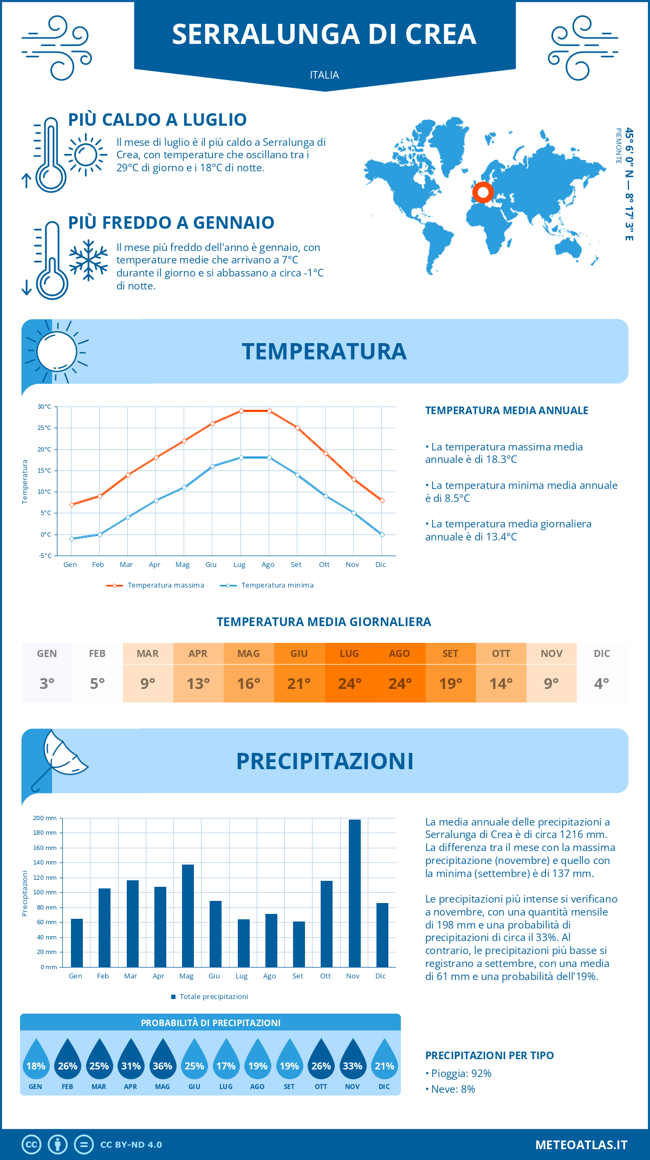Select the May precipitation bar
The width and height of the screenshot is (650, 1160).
(x=188, y=916)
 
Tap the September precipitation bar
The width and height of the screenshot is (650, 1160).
(x=299, y=944)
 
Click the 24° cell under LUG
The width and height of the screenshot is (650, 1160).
(x=349, y=684)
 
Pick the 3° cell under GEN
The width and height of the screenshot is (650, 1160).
(x=47, y=684)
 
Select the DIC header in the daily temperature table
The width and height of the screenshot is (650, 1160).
(x=602, y=654)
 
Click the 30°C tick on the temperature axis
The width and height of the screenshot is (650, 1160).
(x=44, y=407)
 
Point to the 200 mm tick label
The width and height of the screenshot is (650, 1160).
(x=45, y=818)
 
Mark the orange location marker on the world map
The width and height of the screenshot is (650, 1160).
(x=483, y=192)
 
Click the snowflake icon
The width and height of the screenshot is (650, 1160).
(x=88, y=260)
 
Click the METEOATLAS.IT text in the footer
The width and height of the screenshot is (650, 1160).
(x=581, y=1145)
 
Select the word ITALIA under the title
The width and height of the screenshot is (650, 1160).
(x=324, y=75)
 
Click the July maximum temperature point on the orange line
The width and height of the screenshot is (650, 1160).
(x=241, y=411)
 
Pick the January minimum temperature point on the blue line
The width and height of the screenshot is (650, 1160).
(x=71, y=539)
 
